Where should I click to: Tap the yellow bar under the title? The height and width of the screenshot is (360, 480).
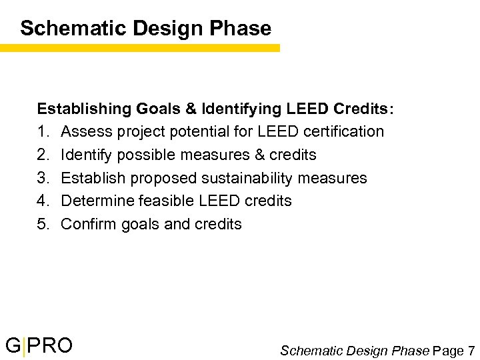point(140,48)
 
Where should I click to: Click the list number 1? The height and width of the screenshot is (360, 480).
point(43,131)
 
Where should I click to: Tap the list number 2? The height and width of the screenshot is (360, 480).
point(43,155)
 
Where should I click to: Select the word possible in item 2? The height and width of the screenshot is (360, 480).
point(140,155)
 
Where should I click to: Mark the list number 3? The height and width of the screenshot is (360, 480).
point(43,178)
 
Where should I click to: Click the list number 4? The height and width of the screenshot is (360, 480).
point(43,201)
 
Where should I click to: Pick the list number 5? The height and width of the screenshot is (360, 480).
point(43,224)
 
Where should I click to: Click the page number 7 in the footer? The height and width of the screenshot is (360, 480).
point(471,350)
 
